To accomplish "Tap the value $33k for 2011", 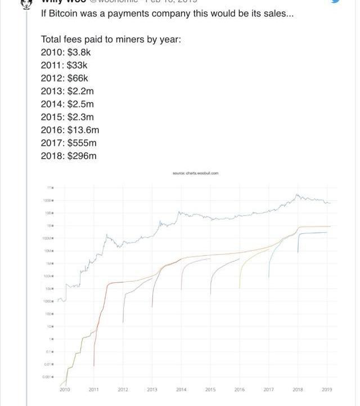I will tap(78, 65).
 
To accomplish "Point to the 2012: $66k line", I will tap(65, 78).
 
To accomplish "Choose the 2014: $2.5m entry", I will tap(67, 104).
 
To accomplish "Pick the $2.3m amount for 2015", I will tap(80, 117).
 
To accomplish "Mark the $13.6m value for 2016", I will tap(83, 130).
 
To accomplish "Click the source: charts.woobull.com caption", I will tap(195, 173).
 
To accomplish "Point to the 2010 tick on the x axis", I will tap(65, 389).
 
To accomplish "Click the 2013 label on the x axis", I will tap(152, 389).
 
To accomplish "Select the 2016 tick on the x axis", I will tap(240, 389).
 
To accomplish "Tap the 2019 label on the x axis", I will tap(327, 389).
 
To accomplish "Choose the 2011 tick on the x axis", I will tap(94, 389).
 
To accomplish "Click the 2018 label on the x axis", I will tap(298, 389).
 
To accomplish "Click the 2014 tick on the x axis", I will tap(181, 389).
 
